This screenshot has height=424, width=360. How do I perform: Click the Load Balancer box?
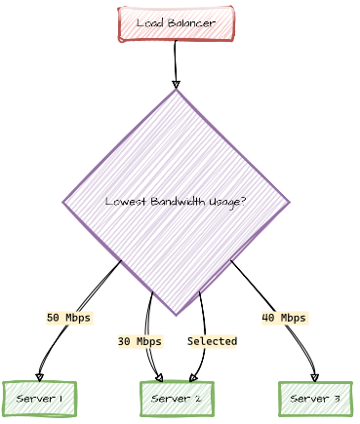point(177,23)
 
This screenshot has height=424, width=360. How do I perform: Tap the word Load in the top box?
point(150,23)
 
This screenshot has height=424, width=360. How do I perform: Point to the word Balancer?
point(193,23)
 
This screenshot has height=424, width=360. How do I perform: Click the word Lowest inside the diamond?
point(125,202)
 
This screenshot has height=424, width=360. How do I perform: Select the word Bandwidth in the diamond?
point(178,202)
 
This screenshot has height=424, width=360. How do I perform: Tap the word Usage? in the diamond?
point(226,202)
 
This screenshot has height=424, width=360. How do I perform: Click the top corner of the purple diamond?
point(177,91)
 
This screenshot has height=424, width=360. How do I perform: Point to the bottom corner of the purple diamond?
point(178,315)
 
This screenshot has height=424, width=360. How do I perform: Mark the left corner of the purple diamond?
point(64,203)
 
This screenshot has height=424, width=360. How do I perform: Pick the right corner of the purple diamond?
point(290,203)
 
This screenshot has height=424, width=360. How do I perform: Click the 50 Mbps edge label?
point(68,318)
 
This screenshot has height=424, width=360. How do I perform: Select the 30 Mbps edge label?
point(140,342)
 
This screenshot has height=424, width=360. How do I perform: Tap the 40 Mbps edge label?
point(284,318)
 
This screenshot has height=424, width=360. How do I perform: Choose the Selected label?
point(213,342)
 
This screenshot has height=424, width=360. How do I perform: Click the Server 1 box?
point(39,399)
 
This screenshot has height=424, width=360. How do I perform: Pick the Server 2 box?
point(177,399)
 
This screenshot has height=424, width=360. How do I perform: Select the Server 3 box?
point(315,399)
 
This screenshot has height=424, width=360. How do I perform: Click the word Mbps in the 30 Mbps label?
point(148,342)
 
